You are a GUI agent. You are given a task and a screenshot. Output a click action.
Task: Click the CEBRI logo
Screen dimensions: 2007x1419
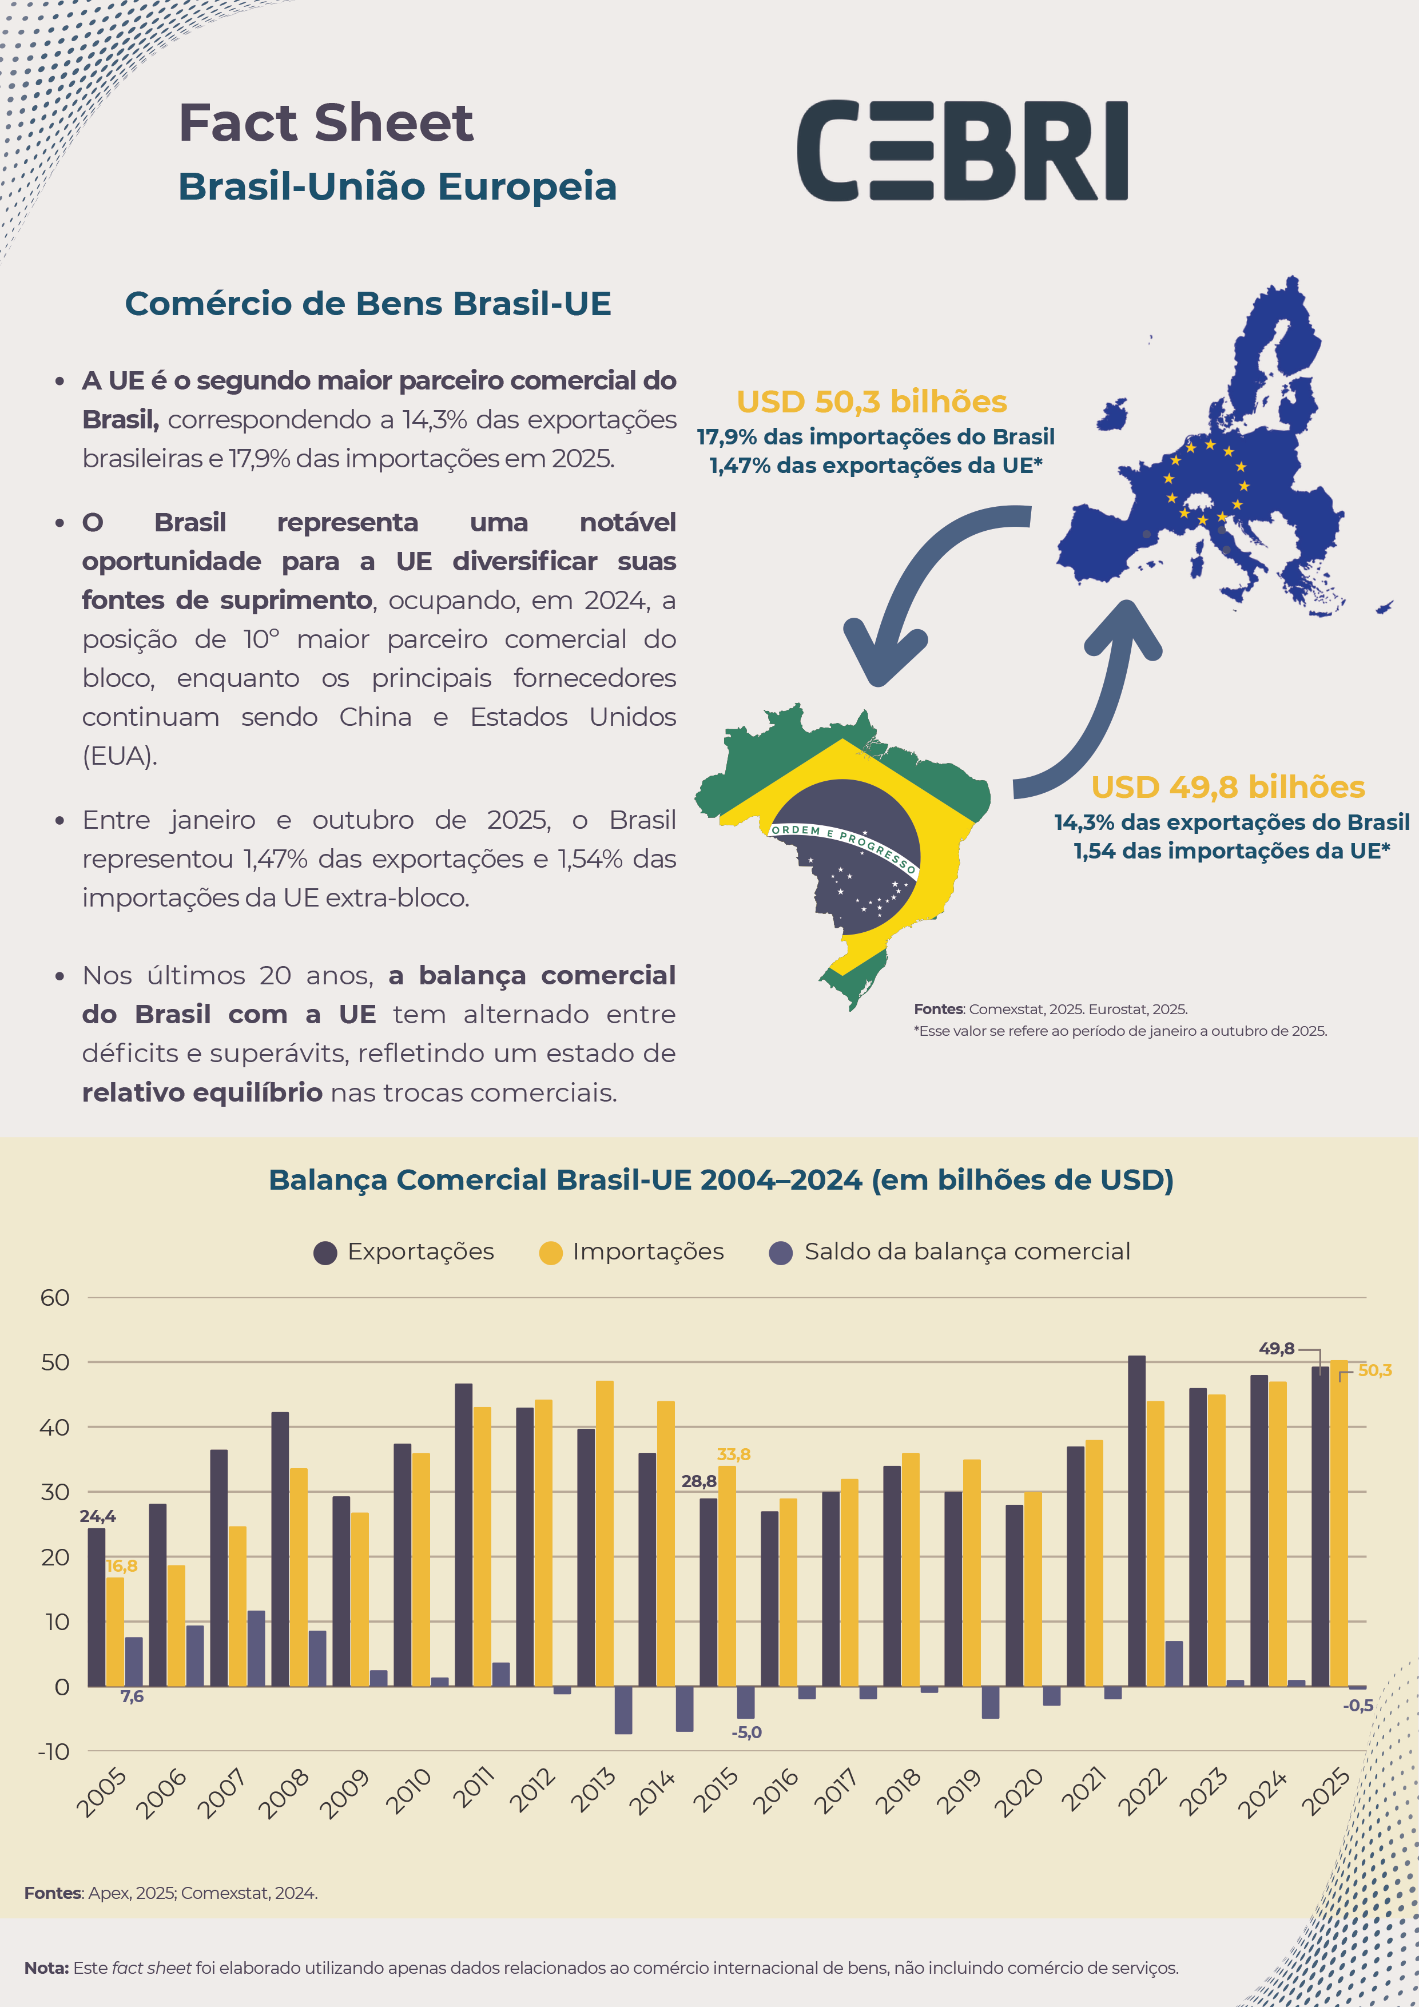(962, 150)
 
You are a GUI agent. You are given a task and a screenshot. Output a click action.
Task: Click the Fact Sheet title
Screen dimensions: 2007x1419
(325, 122)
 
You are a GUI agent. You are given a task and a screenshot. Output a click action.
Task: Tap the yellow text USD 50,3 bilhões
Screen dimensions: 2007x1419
(872, 401)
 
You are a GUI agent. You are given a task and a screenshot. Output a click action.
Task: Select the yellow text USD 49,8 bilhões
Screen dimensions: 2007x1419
(1227, 786)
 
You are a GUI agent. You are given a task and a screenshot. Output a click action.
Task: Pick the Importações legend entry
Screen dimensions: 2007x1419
(632, 1252)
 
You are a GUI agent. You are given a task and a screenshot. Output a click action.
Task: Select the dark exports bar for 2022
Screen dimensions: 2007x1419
(1136, 1521)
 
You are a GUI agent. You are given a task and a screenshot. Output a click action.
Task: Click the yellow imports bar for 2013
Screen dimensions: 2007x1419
(604, 1534)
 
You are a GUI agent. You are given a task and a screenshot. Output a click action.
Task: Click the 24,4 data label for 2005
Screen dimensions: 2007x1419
(97, 1517)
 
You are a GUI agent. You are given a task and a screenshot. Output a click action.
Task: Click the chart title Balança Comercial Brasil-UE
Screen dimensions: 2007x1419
(721, 1180)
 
